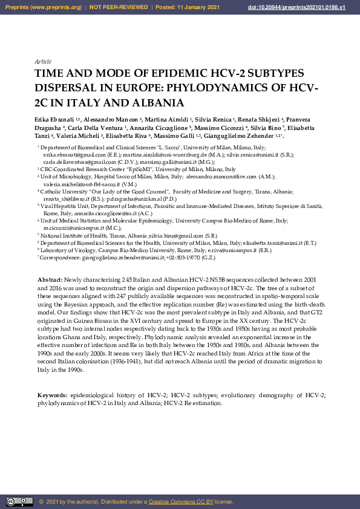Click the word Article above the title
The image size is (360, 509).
click(43, 62)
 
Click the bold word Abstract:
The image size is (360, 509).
click(50, 281)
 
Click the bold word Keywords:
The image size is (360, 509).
click(53, 395)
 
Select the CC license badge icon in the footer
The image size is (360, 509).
click(19, 501)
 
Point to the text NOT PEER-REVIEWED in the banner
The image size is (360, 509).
click(119, 7)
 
